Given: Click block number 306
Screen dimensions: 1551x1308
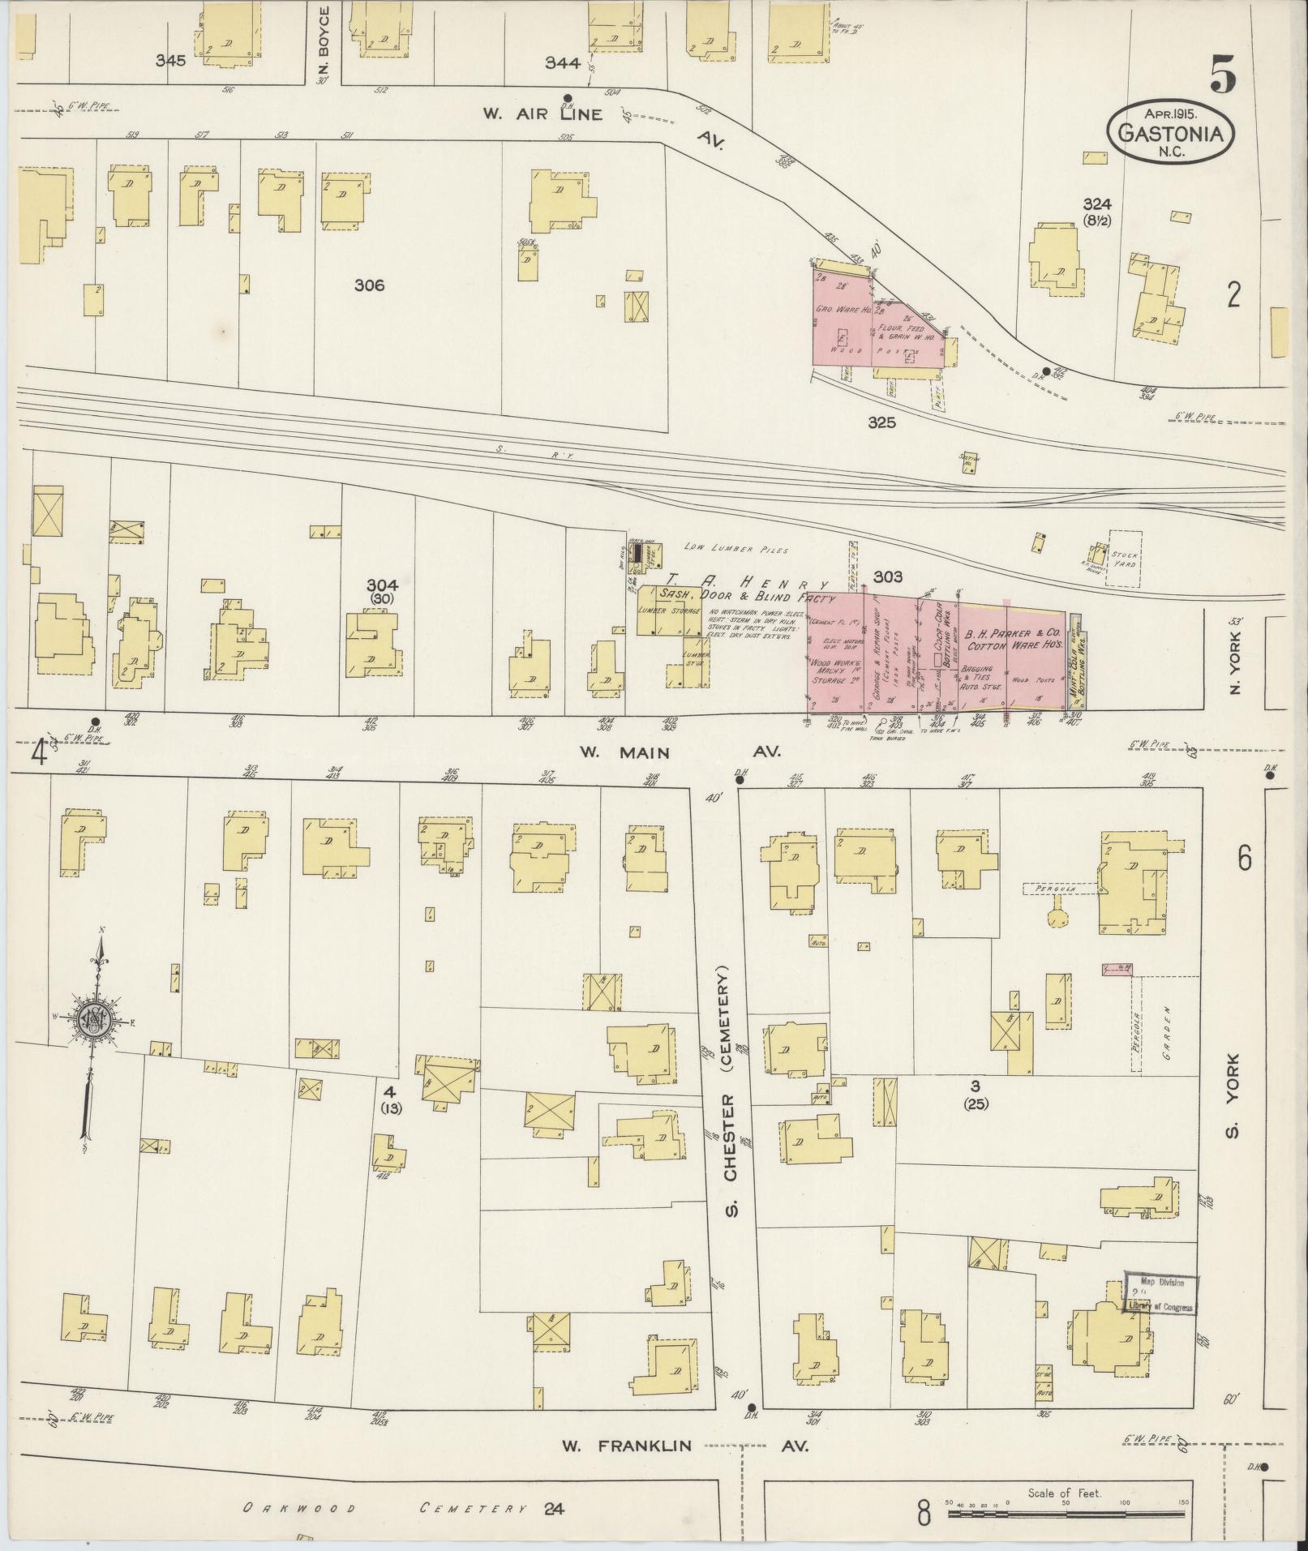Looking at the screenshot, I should pyautogui.click(x=369, y=285).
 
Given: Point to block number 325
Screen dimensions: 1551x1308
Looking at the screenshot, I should pyautogui.click(x=881, y=422).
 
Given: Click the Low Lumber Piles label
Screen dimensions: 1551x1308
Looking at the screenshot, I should pyautogui.click(x=736, y=550).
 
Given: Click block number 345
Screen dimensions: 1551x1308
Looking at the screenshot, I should pyautogui.click(x=171, y=60).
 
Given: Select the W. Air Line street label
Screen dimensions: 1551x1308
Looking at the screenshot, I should pyautogui.click(x=542, y=114).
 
